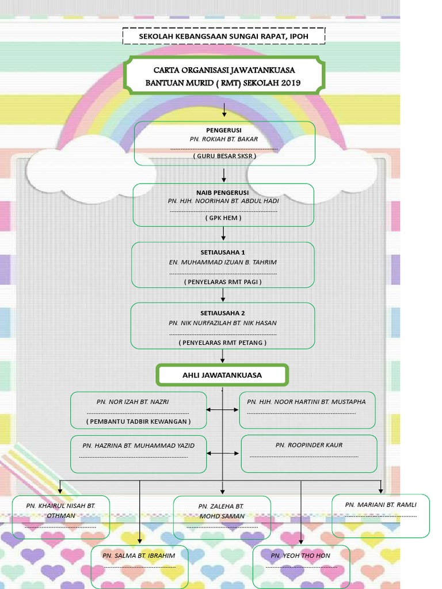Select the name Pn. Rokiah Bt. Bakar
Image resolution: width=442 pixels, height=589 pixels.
(x=224, y=139)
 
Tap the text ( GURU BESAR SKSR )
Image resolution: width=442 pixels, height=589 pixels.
(x=224, y=156)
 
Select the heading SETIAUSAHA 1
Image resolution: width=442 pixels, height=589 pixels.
(x=223, y=252)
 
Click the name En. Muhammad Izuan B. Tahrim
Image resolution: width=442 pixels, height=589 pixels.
(x=223, y=262)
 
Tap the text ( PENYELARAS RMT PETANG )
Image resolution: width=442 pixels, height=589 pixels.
(x=223, y=342)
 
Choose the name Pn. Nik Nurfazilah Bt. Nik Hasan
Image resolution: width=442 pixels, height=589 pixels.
(x=223, y=323)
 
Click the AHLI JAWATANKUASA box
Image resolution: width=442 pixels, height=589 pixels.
(x=222, y=375)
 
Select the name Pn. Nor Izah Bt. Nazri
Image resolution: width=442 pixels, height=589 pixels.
(x=138, y=401)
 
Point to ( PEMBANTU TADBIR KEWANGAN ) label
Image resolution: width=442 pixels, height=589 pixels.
(x=138, y=421)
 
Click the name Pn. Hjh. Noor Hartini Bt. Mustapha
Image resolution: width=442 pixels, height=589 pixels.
(x=306, y=401)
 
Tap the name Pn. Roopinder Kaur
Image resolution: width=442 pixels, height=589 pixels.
(x=308, y=445)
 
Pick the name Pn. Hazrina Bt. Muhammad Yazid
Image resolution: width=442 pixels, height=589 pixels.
(x=138, y=445)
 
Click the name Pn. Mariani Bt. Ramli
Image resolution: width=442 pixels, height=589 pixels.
(x=380, y=504)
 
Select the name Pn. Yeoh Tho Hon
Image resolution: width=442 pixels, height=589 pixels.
(x=300, y=556)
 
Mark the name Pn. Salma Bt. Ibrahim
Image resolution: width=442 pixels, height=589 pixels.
(x=139, y=556)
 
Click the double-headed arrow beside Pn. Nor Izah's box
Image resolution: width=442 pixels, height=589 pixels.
(x=223, y=410)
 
